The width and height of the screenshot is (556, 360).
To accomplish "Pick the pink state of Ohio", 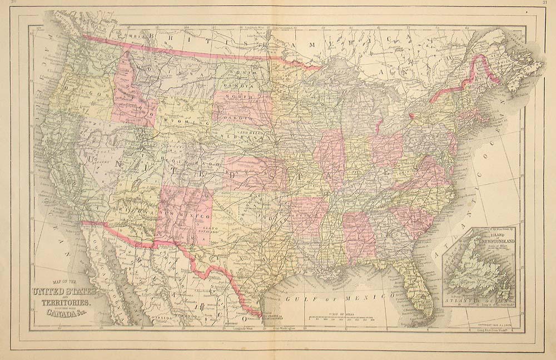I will [x=386, y=150].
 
